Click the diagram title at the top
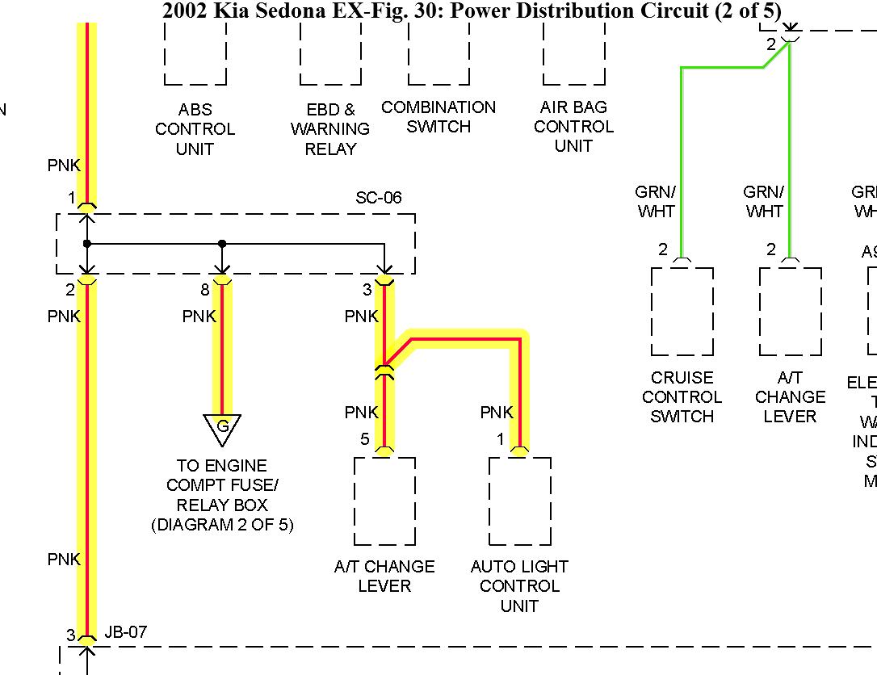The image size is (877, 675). coord(472,11)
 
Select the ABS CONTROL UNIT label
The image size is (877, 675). coord(195,129)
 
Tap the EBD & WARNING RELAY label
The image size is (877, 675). coord(330,129)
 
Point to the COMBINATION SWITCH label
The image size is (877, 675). coord(438,117)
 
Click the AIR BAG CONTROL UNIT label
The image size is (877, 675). coord(573,127)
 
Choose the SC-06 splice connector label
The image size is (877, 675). coord(379,198)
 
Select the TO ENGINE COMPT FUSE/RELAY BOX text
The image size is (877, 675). coord(222,495)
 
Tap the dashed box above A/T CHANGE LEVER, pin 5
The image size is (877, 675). coord(385,501)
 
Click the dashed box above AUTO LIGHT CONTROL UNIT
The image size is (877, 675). coord(520,501)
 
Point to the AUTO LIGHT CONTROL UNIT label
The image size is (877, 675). coord(519,586)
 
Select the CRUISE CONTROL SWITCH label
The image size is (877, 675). coord(682,397)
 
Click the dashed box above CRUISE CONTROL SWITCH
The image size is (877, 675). coord(682,312)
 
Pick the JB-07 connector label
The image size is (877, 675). coord(126,632)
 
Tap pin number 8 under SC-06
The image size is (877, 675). coord(205,290)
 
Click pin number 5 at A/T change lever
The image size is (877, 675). coord(365,439)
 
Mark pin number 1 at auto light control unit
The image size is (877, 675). coord(501,439)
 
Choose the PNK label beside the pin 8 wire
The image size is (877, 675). coord(199,316)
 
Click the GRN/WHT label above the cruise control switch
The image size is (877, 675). coord(655,202)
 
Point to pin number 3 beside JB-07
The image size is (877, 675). coord(71,635)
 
